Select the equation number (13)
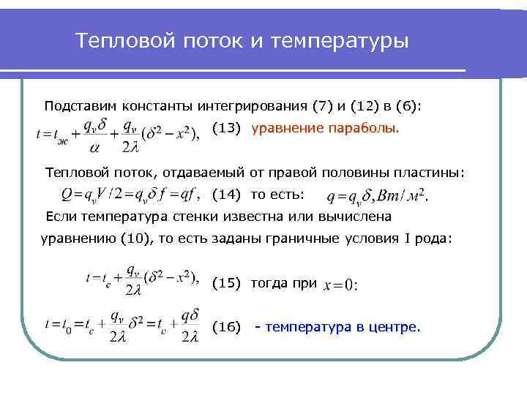(226, 129)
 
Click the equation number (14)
(226, 195)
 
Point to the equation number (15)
(226, 283)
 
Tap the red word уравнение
(288, 129)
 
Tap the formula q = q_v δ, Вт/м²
(376, 196)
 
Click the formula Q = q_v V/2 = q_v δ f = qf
(128, 195)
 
